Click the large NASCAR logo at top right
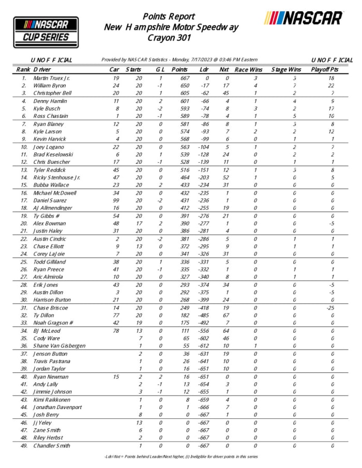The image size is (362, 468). pos(304,19)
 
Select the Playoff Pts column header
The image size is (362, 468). pos(324,69)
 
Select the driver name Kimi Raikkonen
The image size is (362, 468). pos(52,400)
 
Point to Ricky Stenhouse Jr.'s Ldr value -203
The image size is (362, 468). pos(204,177)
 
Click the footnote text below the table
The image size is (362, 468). pos(180,457)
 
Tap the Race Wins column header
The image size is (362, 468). pos(248,69)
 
